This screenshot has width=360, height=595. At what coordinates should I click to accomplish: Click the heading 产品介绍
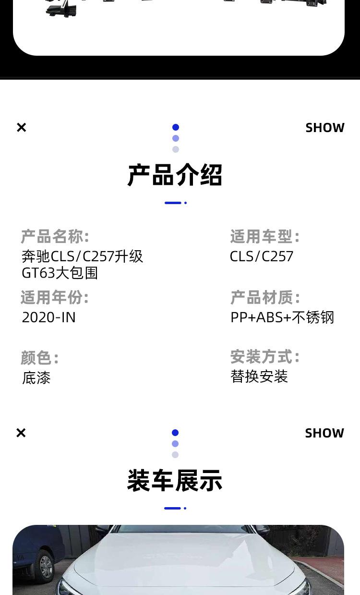point(175,175)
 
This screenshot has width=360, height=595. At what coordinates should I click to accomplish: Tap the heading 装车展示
point(175,480)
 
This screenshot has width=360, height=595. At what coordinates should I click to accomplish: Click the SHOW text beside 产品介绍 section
point(325,128)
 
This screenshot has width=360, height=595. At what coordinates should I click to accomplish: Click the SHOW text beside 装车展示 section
point(324,433)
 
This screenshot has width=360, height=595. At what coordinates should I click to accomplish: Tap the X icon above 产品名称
point(22,127)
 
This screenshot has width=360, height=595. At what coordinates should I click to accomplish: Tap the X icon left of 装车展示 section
point(21,433)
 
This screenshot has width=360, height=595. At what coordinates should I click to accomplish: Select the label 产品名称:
point(55,237)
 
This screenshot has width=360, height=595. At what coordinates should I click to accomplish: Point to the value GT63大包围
point(60,273)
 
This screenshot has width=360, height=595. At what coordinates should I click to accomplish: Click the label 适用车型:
point(265,237)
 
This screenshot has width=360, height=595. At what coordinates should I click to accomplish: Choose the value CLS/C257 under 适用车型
point(262,256)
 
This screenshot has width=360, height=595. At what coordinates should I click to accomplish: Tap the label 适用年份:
point(55,298)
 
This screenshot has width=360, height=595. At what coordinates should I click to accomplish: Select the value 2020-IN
point(49,317)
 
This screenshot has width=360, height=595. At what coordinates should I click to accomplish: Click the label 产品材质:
point(265,298)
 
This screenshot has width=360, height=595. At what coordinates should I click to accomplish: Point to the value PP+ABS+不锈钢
point(282,317)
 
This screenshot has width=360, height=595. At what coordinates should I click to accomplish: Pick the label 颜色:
point(40,358)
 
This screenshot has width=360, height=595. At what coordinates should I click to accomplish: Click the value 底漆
point(36,378)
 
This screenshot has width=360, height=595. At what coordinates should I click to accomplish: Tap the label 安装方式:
point(265,357)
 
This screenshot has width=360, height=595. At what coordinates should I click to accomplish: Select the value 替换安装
point(259,376)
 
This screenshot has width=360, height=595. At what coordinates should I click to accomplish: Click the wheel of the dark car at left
point(46,567)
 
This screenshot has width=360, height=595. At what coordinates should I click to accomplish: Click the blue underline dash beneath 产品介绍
point(173,203)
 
